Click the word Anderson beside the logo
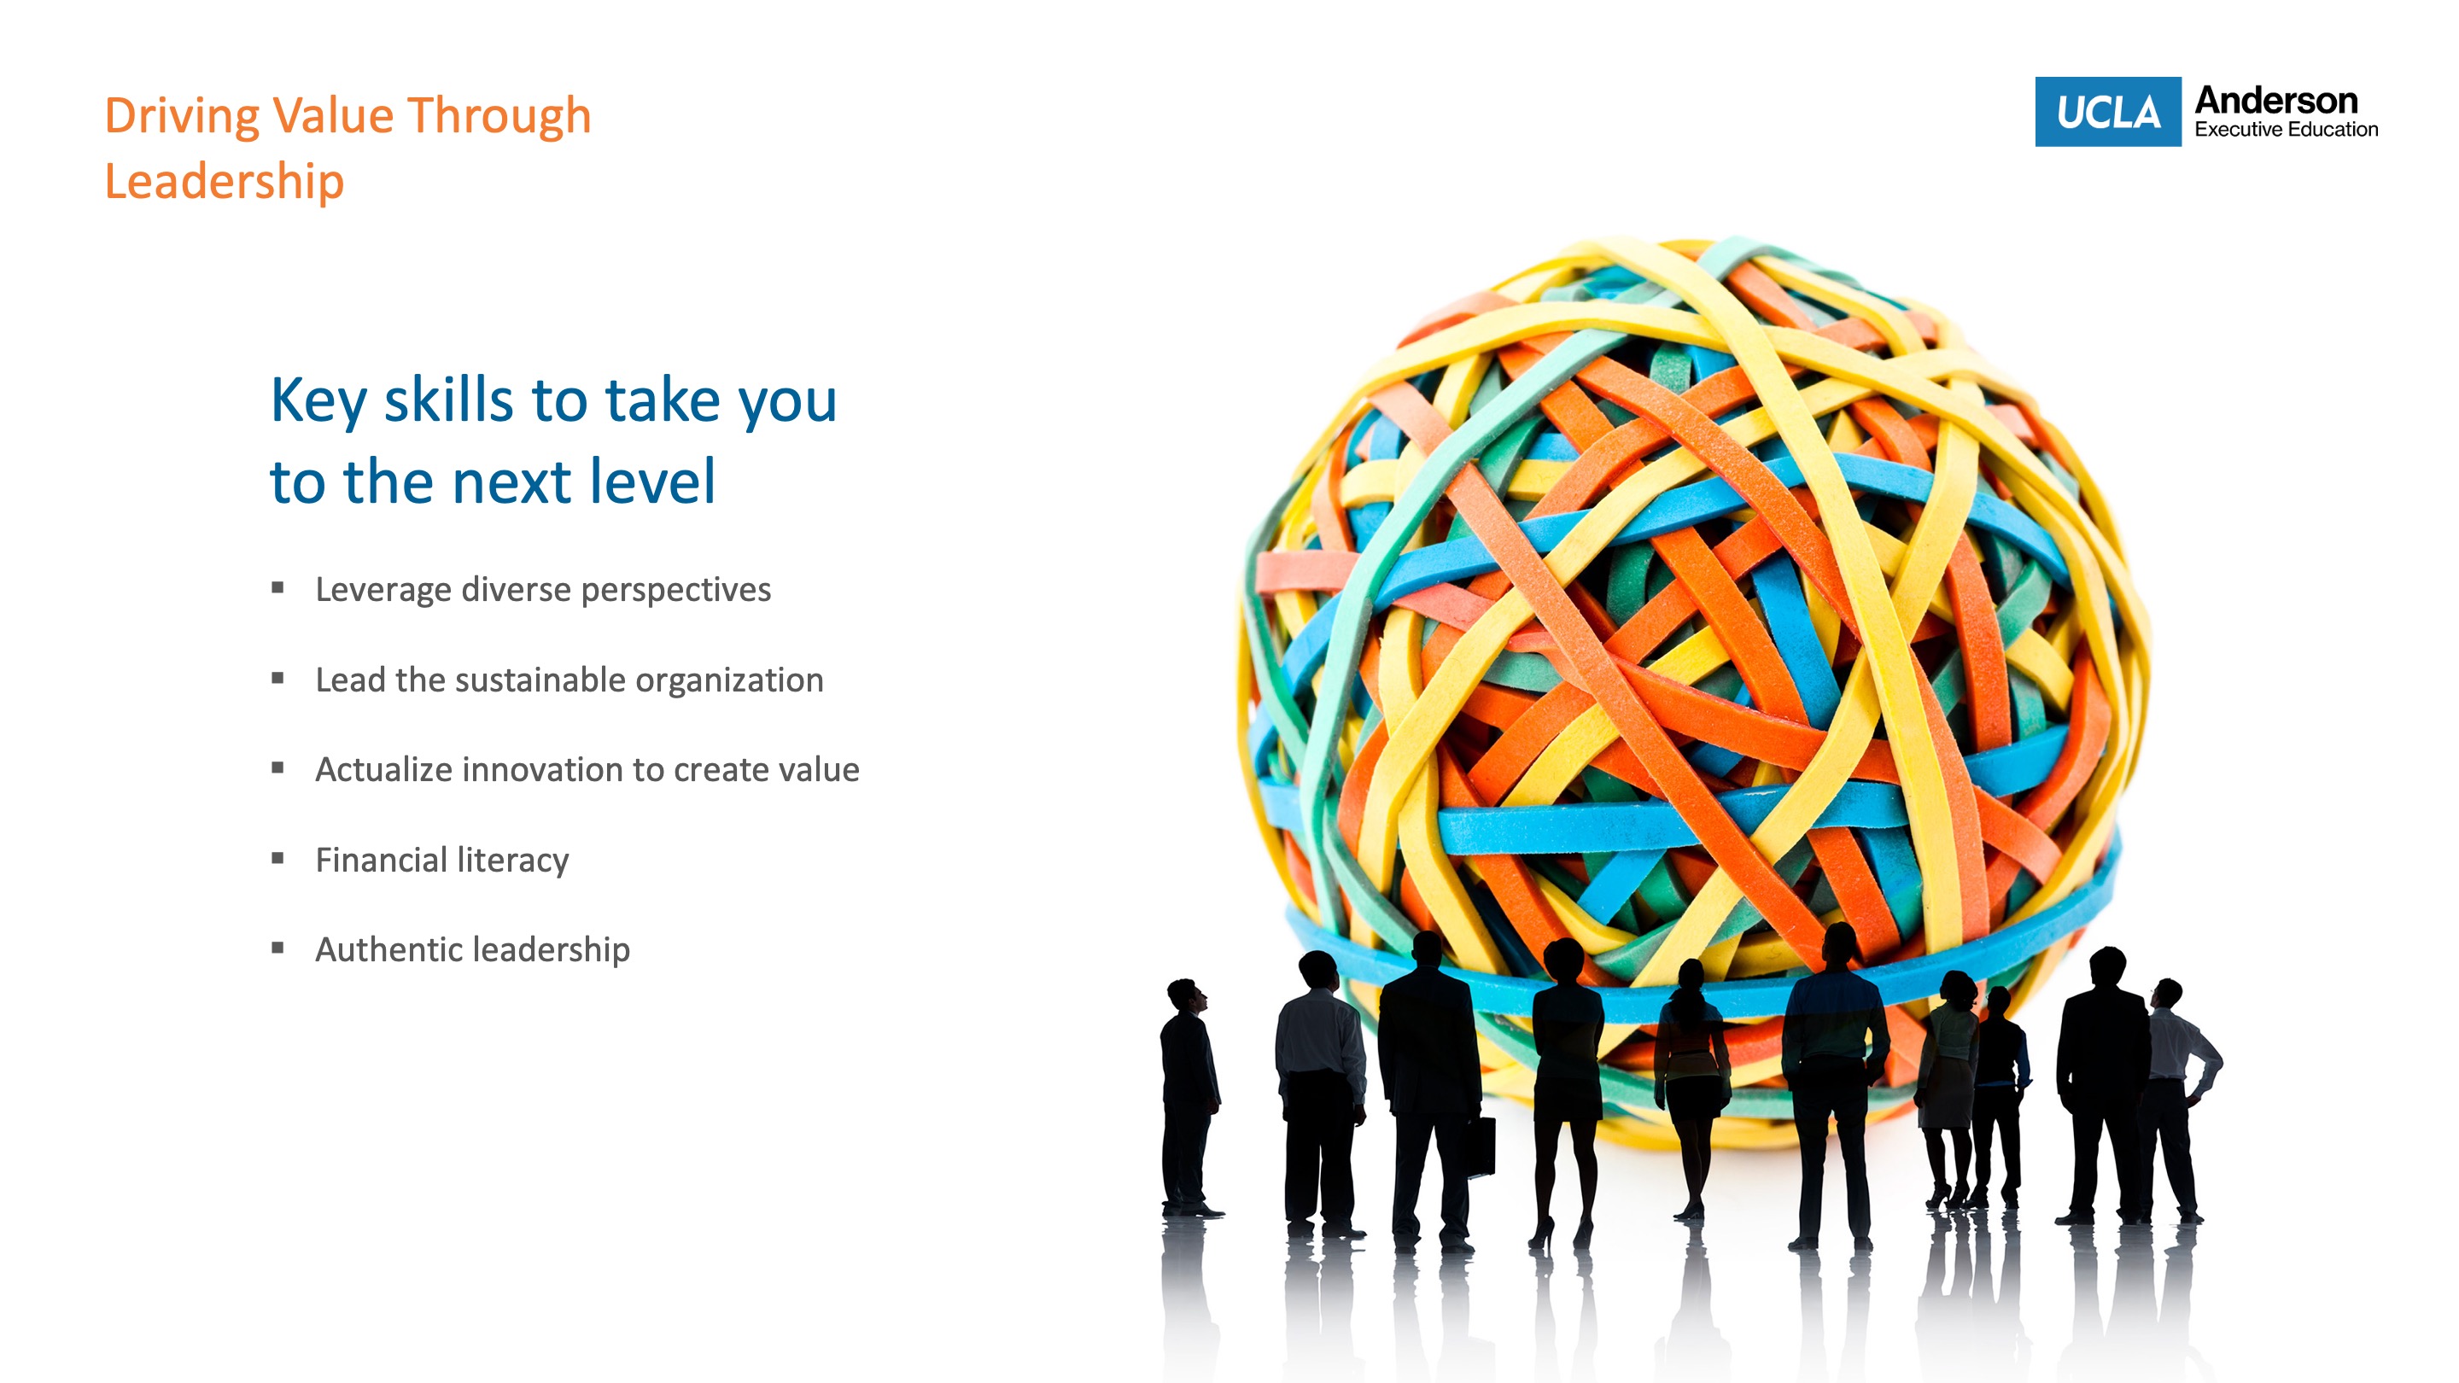2275,100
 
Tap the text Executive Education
2287,129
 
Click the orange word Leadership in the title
224,181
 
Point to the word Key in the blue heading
318,401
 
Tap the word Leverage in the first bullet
383,591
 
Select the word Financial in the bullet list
380,859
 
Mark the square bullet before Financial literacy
277,858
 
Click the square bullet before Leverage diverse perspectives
277,588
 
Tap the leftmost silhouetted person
1189,1098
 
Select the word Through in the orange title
499,115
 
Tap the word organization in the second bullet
729,680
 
